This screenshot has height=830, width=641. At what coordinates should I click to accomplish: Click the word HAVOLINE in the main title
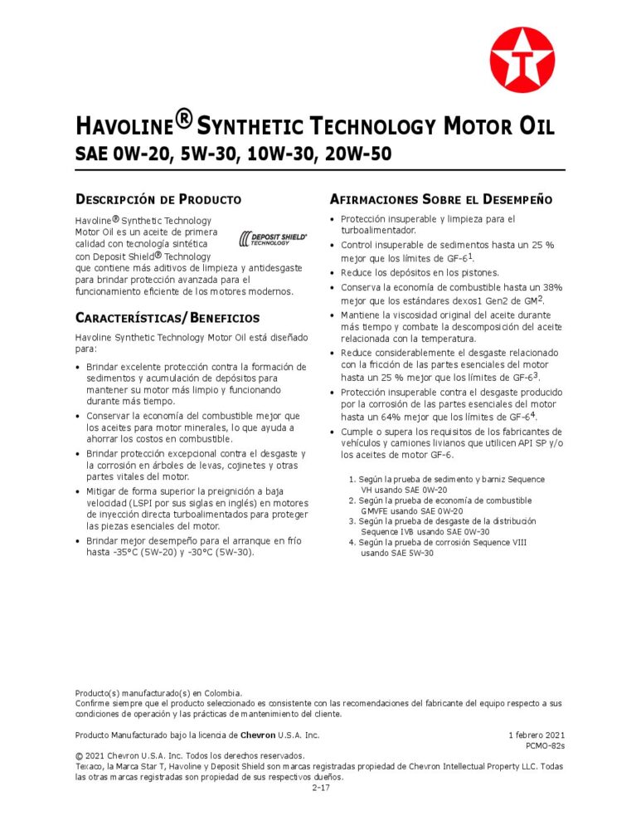pos(125,127)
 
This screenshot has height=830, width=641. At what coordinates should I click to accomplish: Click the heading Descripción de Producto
pos(158,199)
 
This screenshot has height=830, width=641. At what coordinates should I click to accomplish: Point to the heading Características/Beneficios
pos(167,318)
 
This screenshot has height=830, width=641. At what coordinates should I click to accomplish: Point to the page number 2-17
pos(321,787)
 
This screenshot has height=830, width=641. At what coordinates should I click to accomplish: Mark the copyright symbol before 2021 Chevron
pos(80,756)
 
